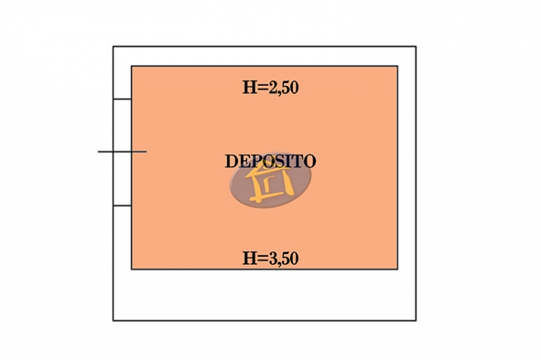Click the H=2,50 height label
(x=270, y=87)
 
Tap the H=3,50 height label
(x=270, y=258)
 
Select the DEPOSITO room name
(x=270, y=161)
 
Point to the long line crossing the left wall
(x=122, y=152)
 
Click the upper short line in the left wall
(x=122, y=99)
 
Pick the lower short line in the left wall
(x=122, y=206)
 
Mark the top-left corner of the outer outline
(x=113, y=46)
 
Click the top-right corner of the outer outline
(x=416, y=46)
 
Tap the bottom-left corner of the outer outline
(x=113, y=320)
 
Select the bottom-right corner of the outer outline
(x=416, y=320)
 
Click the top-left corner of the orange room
(x=131, y=66)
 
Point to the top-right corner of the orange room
(x=397, y=66)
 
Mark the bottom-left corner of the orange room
(x=131, y=269)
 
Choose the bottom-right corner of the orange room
(x=397, y=269)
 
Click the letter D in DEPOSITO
(x=231, y=161)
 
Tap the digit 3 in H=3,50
(x=274, y=258)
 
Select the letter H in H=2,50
(x=250, y=87)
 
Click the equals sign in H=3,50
(x=263, y=258)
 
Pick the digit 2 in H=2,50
(x=274, y=87)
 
